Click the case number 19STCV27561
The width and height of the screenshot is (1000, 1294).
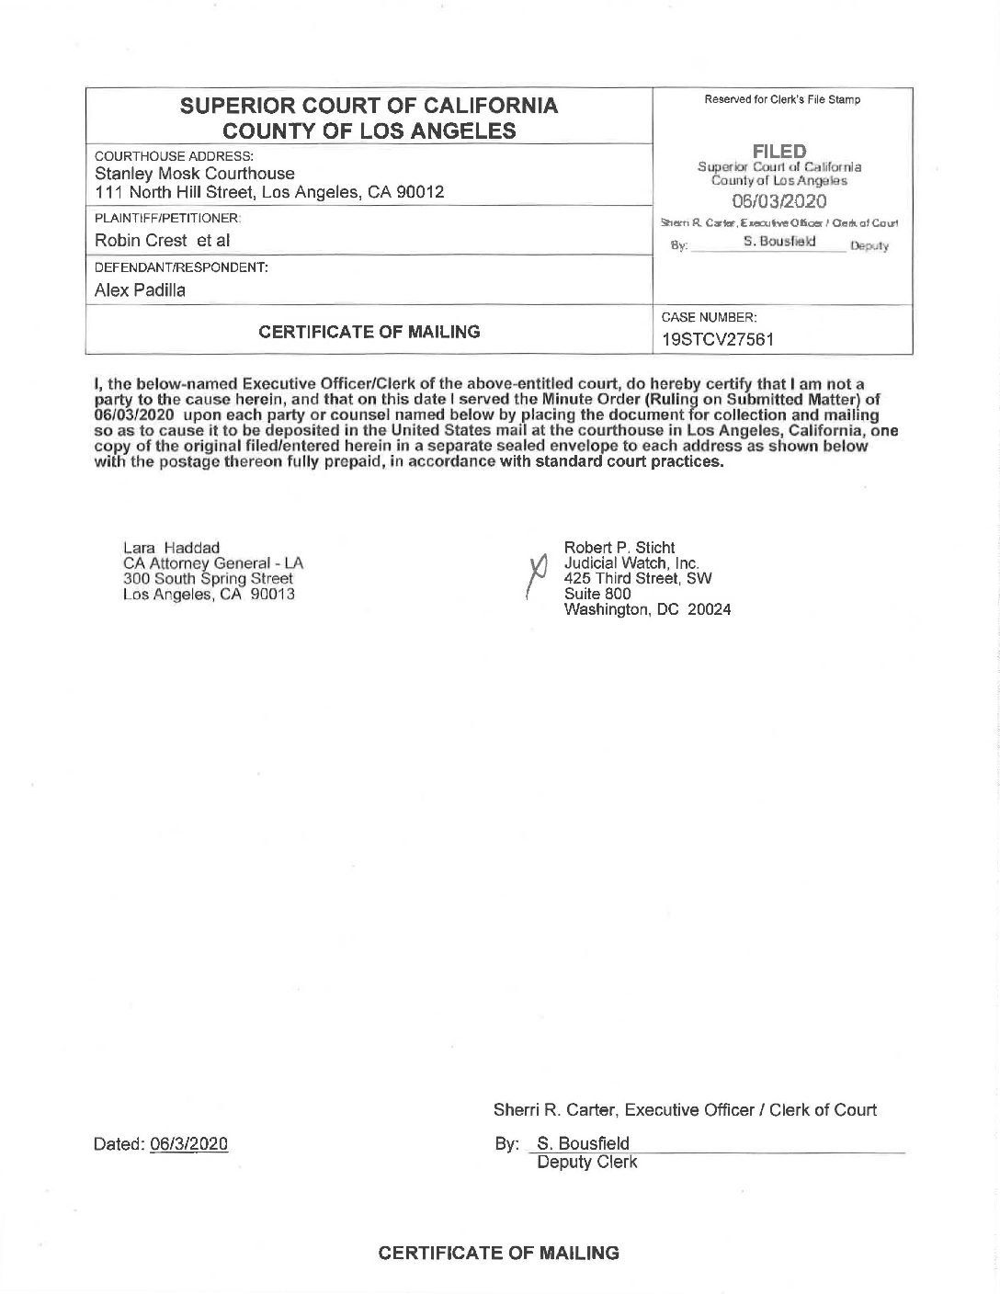[717, 339]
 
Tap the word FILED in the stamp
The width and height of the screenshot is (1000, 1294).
[779, 152]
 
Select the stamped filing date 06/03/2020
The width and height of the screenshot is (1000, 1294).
[779, 202]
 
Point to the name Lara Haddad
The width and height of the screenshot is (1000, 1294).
[171, 549]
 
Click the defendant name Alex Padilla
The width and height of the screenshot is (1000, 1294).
[140, 290]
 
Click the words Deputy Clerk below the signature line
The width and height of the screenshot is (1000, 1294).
[586, 1163]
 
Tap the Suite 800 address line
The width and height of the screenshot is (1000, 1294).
[597, 594]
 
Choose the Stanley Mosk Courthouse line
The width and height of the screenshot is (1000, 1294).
[195, 174]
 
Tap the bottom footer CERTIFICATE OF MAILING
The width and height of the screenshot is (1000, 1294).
[499, 1253]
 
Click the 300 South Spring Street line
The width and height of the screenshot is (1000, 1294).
[208, 578]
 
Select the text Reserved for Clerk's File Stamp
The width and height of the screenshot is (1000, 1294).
[782, 99]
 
